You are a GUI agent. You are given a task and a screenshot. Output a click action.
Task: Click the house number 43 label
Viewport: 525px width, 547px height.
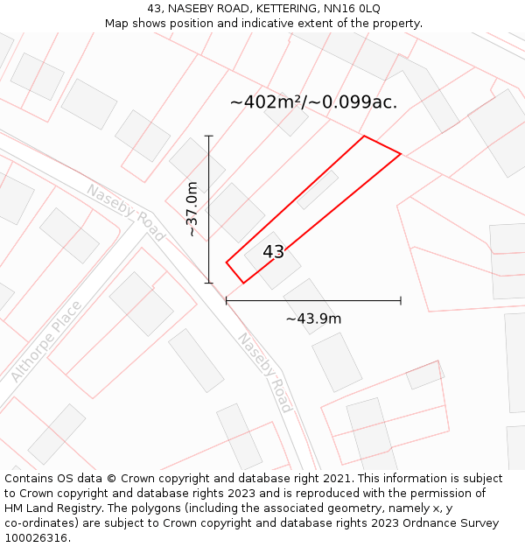273,252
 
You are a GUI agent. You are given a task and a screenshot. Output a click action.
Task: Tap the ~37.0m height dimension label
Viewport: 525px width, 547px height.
192,209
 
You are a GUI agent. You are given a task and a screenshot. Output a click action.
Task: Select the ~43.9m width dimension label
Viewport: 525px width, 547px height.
313,319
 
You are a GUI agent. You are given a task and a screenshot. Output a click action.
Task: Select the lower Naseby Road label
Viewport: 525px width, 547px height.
264,372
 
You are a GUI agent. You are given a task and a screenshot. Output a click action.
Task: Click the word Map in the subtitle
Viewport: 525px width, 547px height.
118,23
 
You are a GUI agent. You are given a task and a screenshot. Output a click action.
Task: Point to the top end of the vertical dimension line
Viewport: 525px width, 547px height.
209,136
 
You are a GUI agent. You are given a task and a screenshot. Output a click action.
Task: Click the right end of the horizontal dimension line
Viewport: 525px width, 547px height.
401,300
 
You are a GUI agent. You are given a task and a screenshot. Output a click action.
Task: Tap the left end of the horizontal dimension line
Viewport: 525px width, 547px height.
227,300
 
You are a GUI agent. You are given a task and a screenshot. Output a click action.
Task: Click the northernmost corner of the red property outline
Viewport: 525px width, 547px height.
364,136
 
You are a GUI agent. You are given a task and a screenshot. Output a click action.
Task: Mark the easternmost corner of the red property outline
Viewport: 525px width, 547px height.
401,154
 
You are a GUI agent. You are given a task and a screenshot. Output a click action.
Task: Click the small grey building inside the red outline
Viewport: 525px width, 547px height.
317,189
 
